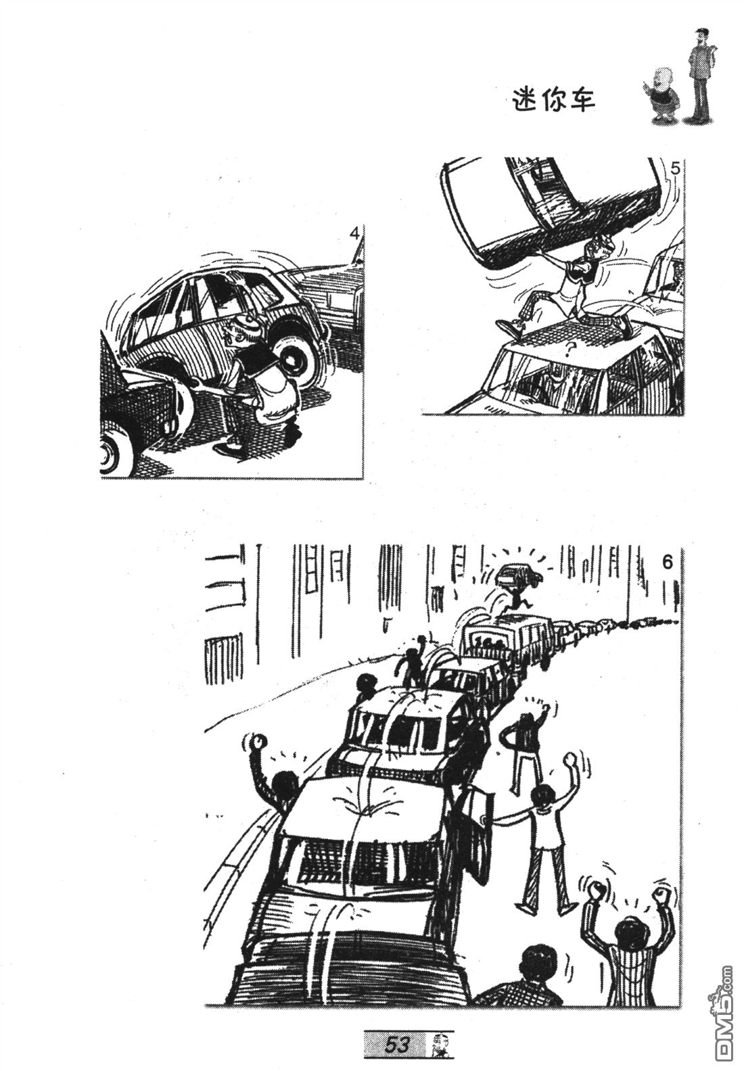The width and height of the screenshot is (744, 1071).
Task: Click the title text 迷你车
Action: tap(554, 101)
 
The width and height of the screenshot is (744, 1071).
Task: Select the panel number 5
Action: tap(674, 169)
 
